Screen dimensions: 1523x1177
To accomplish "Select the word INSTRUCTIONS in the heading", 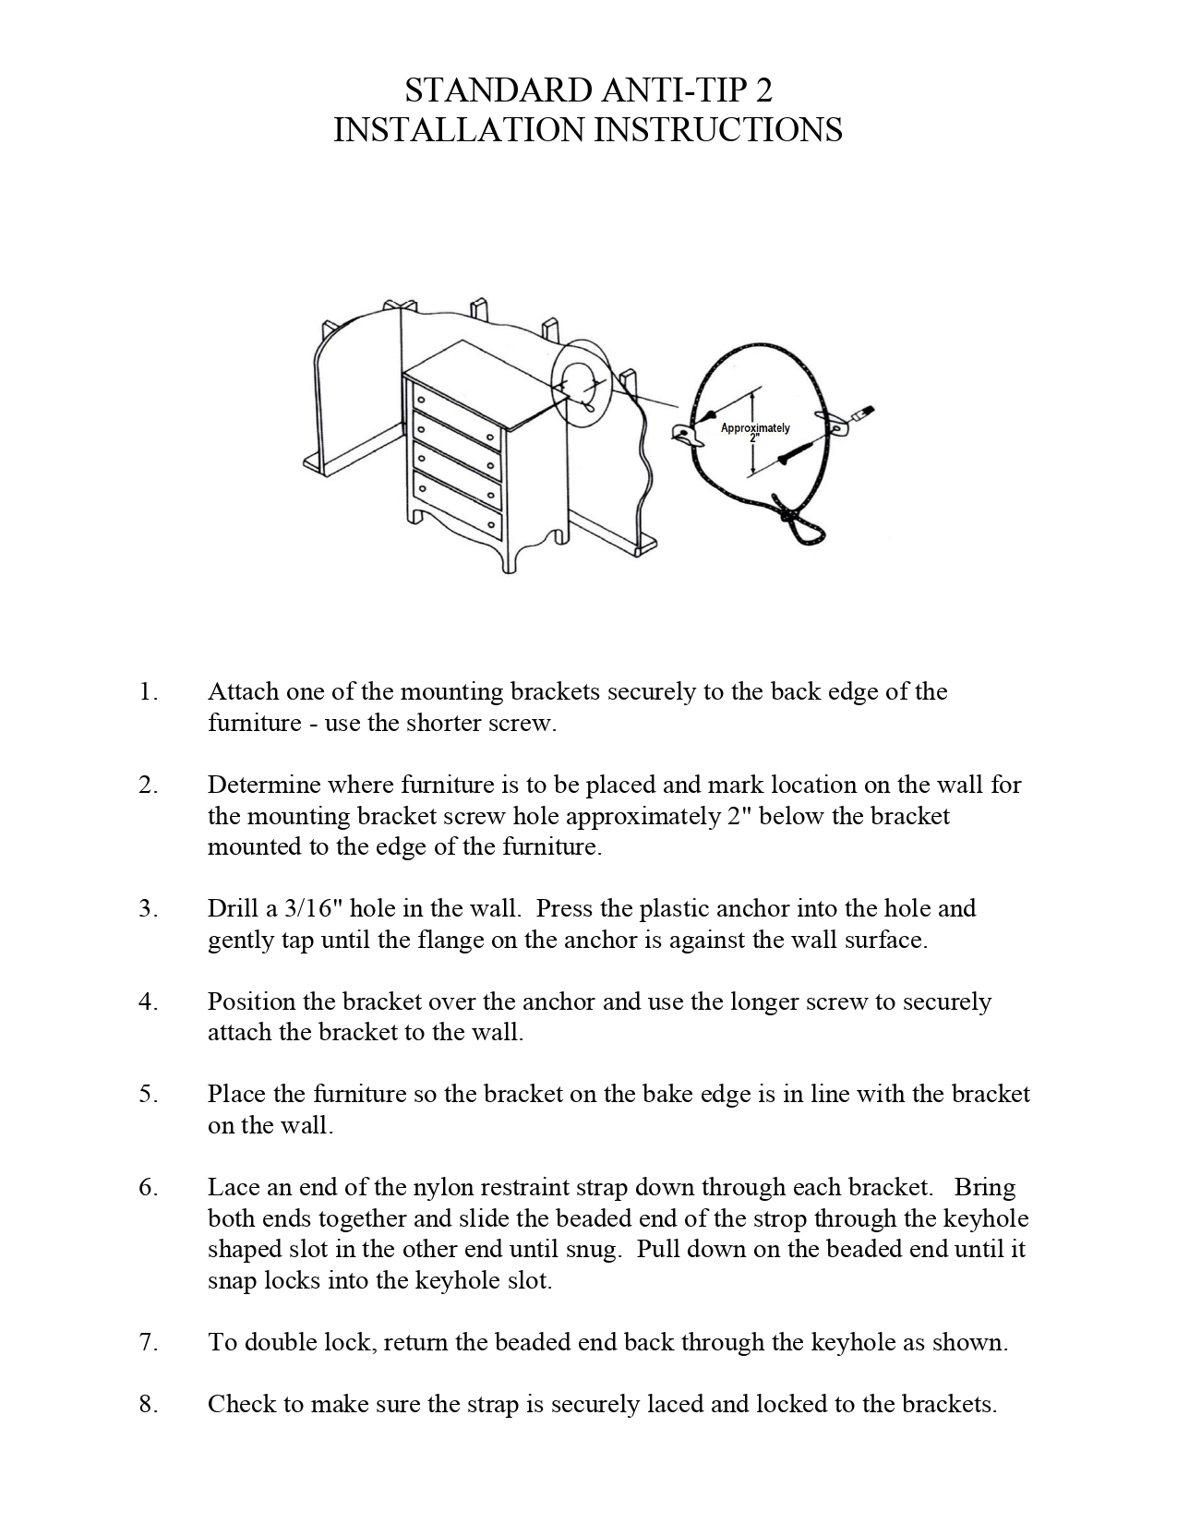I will click(x=716, y=130).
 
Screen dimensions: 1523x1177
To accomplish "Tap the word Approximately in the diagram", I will click(x=754, y=427).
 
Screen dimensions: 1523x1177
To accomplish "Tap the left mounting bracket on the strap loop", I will click(x=686, y=434).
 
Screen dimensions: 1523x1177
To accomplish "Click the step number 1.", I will click(x=148, y=691).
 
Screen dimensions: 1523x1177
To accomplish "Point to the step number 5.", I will click(x=148, y=1094).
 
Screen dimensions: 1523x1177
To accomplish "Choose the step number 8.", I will click(x=148, y=1404).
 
